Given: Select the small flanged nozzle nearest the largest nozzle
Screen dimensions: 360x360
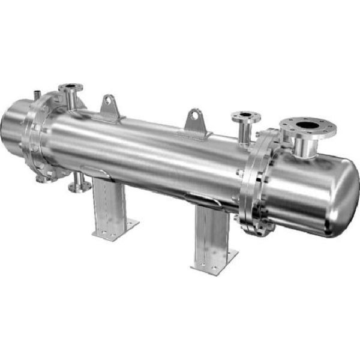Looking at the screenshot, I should click(244, 115).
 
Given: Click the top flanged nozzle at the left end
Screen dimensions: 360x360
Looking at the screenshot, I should click(71, 90).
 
